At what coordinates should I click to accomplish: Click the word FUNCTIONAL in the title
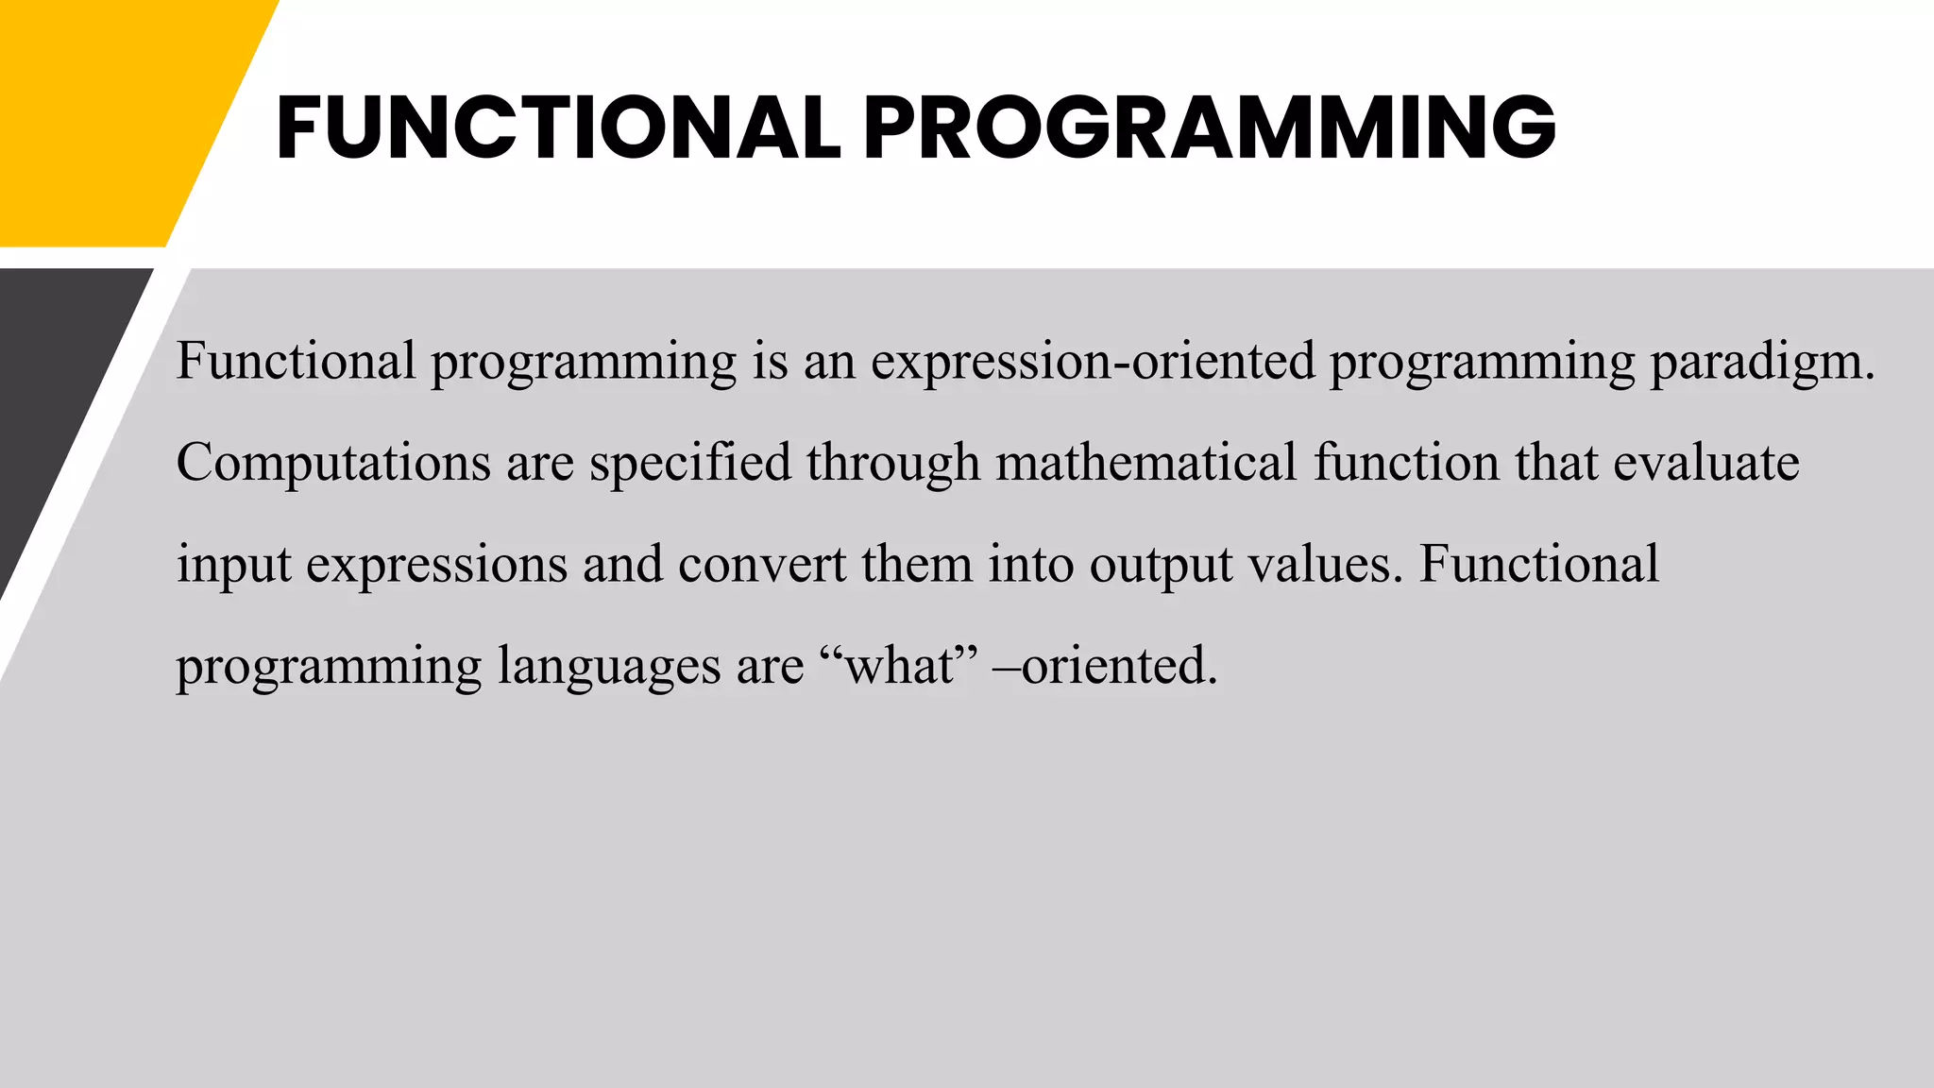click(557, 127)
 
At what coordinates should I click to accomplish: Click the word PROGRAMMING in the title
click(1210, 127)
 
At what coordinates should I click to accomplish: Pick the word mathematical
click(1146, 463)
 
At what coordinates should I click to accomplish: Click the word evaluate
click(1705, 463)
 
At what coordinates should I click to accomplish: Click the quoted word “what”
click(898, 666)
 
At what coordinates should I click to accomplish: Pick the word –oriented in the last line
click(1105, 666)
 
